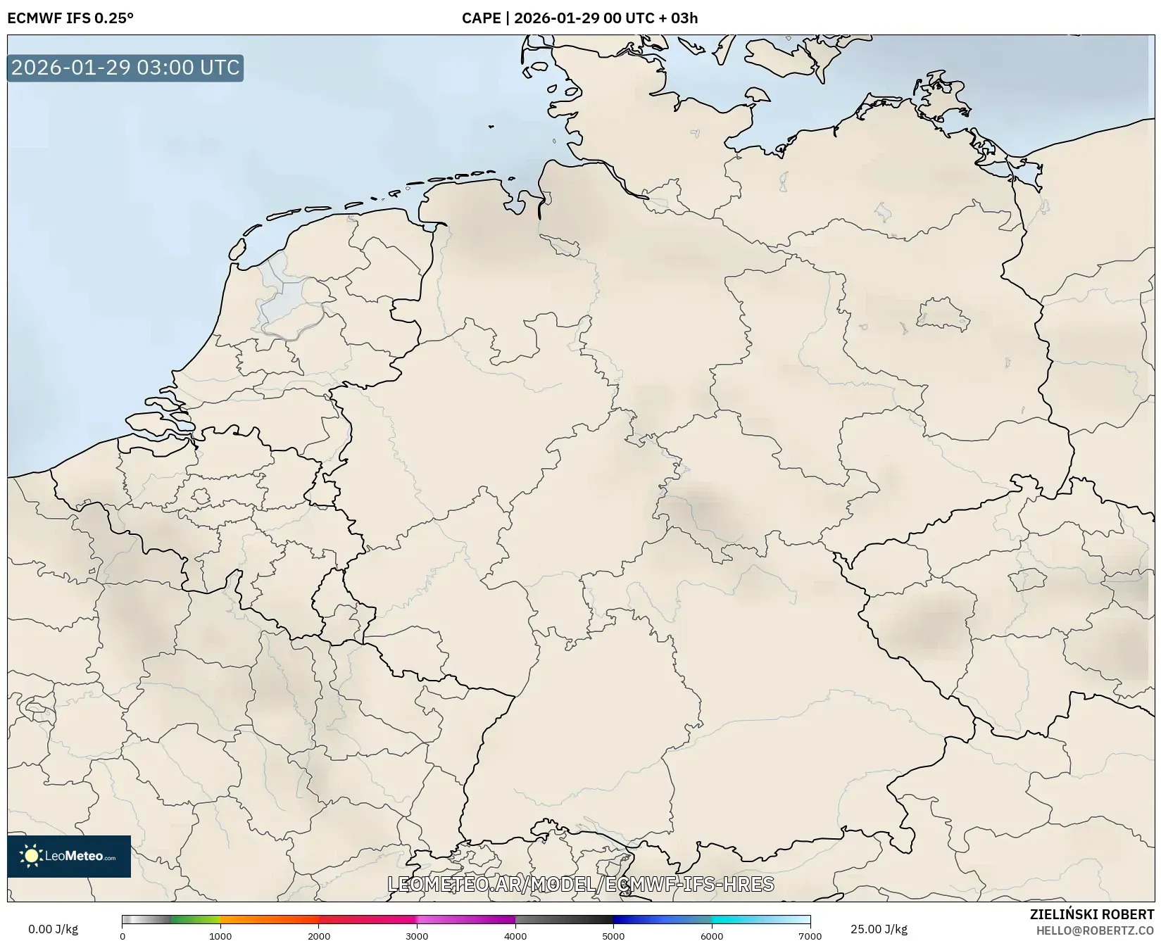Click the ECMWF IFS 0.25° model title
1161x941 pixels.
70,18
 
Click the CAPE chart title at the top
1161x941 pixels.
579,18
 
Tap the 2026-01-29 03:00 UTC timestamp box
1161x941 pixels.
125,68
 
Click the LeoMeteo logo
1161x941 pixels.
69,856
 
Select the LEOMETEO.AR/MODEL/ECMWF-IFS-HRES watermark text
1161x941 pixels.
581,884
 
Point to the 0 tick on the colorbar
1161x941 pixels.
123,936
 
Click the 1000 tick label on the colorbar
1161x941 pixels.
220,936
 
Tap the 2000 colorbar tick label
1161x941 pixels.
319,936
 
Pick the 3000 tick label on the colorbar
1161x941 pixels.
417,936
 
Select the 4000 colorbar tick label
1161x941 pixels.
515,936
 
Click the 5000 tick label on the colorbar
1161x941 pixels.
613,936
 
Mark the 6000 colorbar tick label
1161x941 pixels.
712,936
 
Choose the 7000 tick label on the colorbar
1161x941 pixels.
810,936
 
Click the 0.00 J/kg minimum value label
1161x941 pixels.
53,929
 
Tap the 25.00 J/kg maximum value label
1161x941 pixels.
879,929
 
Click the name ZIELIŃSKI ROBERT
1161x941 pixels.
1092,914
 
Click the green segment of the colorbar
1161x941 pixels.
196,919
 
